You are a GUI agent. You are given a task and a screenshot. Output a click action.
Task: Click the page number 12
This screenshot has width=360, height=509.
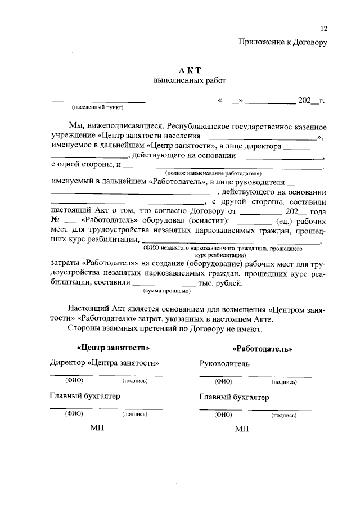coord(323,29)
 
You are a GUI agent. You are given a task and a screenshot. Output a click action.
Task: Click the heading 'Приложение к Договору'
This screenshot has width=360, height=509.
coord(282,41)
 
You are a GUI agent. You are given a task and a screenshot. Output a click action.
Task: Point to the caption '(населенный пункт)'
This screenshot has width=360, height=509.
coord(97,107)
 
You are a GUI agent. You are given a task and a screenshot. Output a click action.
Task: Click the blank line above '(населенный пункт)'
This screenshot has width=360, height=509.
coord(98,102)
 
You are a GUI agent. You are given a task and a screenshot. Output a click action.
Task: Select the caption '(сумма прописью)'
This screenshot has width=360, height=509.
coord(167,291)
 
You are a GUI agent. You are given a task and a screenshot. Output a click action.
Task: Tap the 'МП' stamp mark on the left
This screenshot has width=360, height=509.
coord(97,428)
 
